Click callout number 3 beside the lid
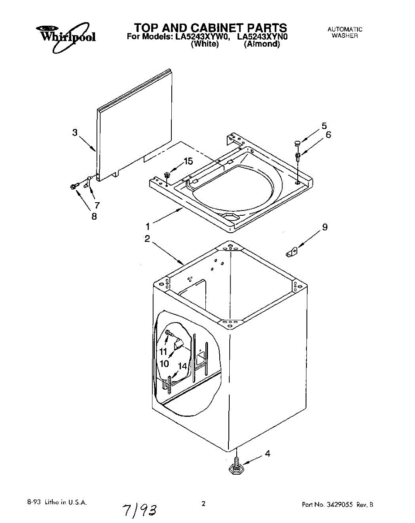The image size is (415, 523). coord(75,132)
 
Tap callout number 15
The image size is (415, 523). coord(188,162)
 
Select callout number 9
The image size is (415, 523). coord(325,227)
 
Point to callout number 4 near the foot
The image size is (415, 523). coord(268,454)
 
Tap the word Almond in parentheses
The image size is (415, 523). coord(262,44)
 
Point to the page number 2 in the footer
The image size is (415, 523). coord(203,504)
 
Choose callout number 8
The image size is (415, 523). coord(94,216)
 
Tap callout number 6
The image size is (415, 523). coord(328,135)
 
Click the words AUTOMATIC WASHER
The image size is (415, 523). coord(344,33)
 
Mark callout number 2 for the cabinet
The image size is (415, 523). coord(147,238)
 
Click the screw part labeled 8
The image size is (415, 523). coord(73,187)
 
